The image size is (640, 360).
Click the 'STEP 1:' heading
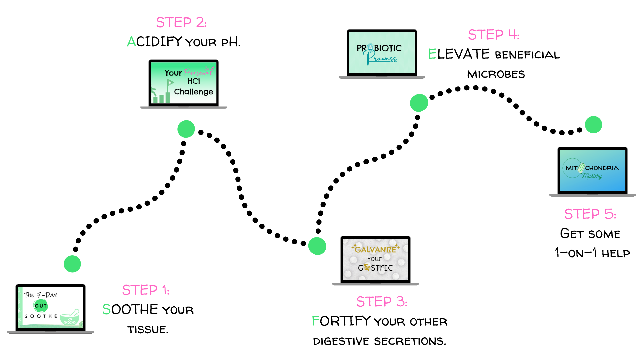146,290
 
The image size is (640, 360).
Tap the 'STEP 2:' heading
181,22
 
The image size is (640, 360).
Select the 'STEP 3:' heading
382,302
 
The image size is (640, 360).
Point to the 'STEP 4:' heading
494,35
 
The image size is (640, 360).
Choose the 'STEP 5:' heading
590,214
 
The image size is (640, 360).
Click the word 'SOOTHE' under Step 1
130,310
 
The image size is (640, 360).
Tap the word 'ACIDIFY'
155,42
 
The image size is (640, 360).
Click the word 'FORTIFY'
341,321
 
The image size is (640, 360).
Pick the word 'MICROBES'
496,74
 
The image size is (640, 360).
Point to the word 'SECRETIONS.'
410,341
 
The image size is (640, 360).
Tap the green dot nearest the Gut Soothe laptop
72,264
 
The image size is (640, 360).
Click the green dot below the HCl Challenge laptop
186,129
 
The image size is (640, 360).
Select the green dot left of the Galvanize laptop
317,246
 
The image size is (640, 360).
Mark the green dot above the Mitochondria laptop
593,125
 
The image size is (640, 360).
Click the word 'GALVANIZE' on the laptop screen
375,249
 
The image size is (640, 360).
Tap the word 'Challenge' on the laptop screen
194,92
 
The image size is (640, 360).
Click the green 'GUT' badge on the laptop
41,306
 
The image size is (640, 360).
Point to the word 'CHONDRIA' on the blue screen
602,168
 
